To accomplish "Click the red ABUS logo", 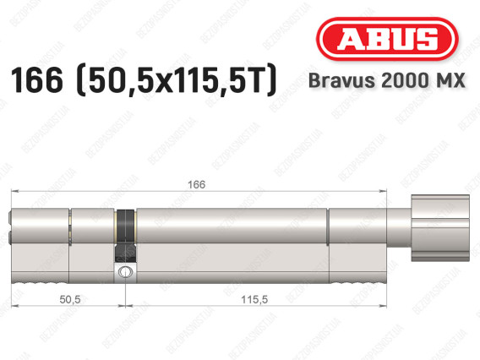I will pyautogui.click(x=385, y=40).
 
